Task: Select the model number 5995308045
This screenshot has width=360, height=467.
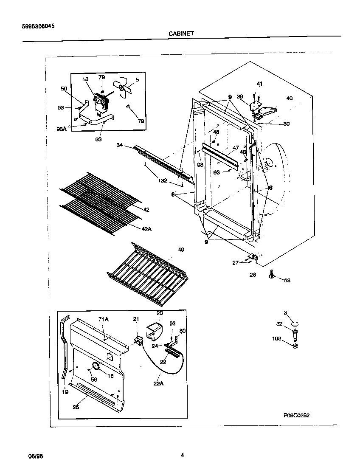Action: point(38,25)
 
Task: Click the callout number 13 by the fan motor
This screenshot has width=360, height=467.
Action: point(85,79)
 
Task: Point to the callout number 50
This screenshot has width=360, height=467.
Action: point(64,89)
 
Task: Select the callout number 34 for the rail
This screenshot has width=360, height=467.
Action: point(120,145)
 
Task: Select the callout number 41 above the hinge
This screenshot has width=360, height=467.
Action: point(259,84)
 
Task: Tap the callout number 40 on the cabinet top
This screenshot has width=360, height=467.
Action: point(289,98)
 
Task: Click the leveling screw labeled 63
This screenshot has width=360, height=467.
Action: point(272,277)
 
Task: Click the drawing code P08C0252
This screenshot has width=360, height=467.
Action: point(297,415)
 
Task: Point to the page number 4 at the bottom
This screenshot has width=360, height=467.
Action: point(182,456)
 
